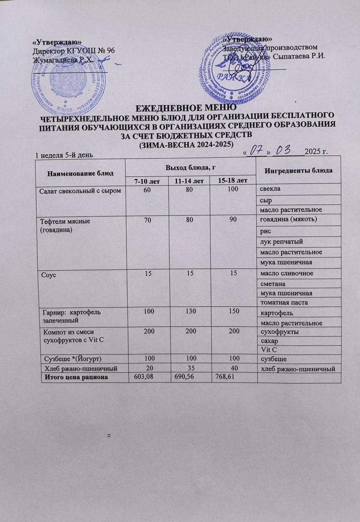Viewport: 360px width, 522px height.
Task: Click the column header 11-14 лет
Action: pyautogui.click(x=189, y=180)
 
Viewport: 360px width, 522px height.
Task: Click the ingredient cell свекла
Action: pyautogui.click(x=269, y=190)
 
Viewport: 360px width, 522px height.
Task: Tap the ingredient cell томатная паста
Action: pyautogui.click(x=282, y=302)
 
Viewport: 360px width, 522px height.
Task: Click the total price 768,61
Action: pyautogui.click(x=225, y=377)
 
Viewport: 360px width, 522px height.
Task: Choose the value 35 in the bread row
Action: pyautogui.click(x=189, y=368)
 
